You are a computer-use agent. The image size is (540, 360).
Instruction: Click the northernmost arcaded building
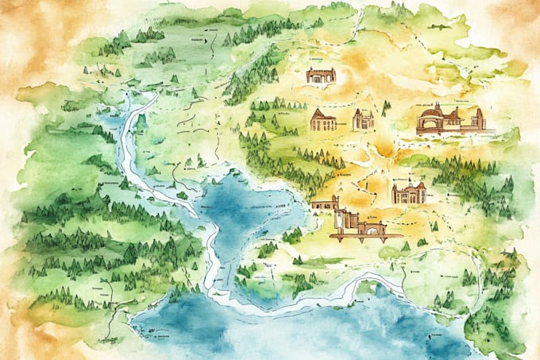point(321,75)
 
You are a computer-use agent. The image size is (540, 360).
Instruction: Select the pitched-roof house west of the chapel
point(322,120)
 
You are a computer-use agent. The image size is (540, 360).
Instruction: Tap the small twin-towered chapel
point(363,119)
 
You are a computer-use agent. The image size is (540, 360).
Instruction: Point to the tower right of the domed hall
point(479,118)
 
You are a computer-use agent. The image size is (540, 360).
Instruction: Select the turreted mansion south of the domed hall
point(408,192)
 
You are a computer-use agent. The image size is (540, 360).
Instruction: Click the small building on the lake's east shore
point(323,204)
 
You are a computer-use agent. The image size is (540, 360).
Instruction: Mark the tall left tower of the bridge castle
point(340,219)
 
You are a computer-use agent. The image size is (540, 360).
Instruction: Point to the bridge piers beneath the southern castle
point(357,238)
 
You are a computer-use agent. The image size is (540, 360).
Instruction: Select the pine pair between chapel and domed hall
point(387,107)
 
